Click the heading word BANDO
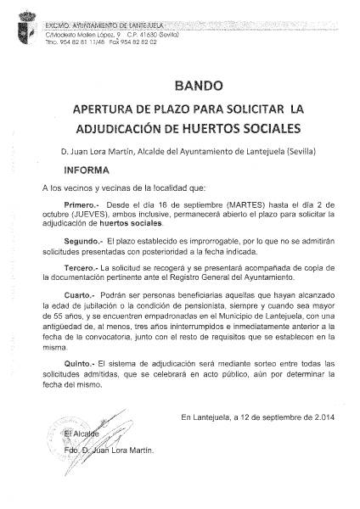pos(200,86)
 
